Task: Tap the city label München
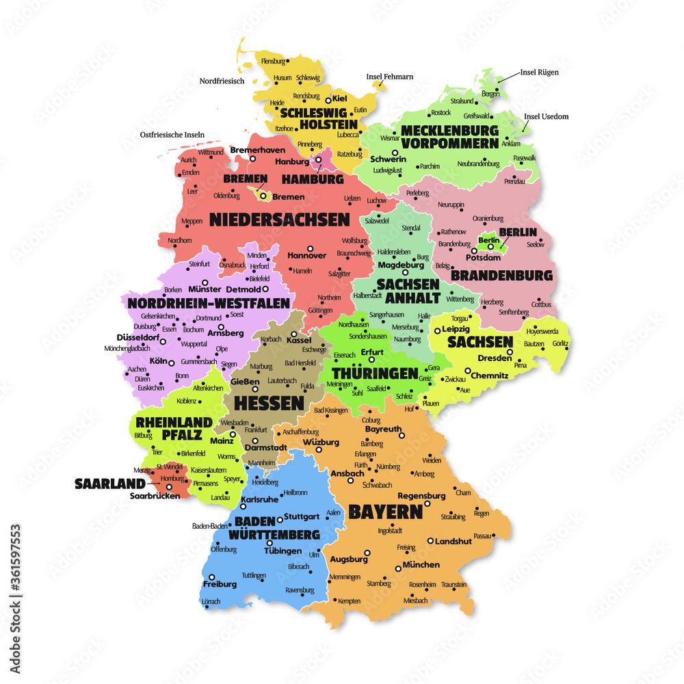click(x=421, y=565)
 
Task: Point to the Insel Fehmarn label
click(x=390, y=77)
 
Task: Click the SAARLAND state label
click(x=110, y=484)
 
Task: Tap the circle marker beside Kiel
click(x=328, y=100)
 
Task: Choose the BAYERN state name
click(x=385, y=511)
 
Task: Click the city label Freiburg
click(x=220, y=584)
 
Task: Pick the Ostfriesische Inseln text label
click(x=172, y=135)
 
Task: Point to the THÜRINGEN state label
click(x=374, y=373)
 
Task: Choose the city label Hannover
click(x=306, y=255)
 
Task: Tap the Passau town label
click(x=482, y=536)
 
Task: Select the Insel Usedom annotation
click(x=546, y=116)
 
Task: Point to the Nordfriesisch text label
click(x=222, y=81)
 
